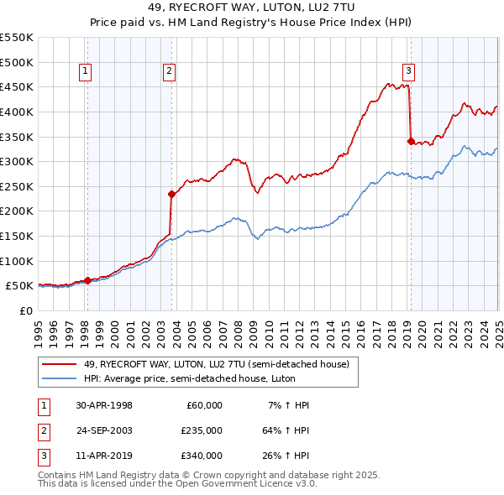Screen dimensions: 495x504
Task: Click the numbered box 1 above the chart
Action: [x=87, y=72]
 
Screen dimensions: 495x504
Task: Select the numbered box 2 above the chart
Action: [x=169, y=72]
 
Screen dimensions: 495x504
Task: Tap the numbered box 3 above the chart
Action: [x=408, y=72]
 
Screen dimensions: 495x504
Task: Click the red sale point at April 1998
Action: [x=88, y=281]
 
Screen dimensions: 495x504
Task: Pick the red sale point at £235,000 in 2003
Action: [x=171, y=194]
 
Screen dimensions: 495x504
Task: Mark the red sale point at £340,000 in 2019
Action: [x=411, y=142]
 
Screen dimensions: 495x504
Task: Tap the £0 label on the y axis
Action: [x=25, y=310]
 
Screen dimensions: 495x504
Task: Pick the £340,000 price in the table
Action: [x=201, y=456]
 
